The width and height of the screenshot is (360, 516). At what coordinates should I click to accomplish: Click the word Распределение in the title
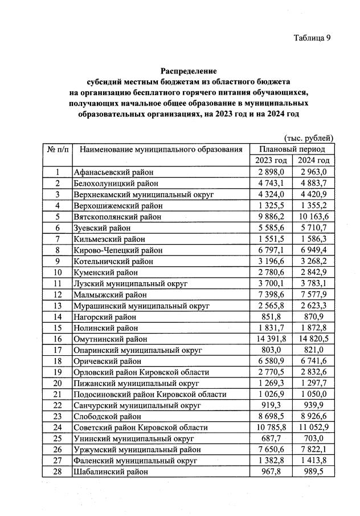click(x=189, y=71)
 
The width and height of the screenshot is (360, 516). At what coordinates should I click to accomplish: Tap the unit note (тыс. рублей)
click(x=308, y=138)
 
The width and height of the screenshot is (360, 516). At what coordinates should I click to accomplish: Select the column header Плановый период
click(x=292, y=149)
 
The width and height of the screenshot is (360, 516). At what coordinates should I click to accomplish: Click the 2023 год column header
click(x=271, y=160)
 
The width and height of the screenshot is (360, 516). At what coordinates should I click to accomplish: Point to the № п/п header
click(x=57, y=149)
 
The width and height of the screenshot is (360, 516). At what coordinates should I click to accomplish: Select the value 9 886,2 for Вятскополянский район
click(x=271, y=217)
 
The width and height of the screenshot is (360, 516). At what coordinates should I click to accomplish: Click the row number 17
click(x=57, y=350)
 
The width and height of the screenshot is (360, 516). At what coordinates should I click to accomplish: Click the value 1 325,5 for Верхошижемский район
click(x=271, y=205)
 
